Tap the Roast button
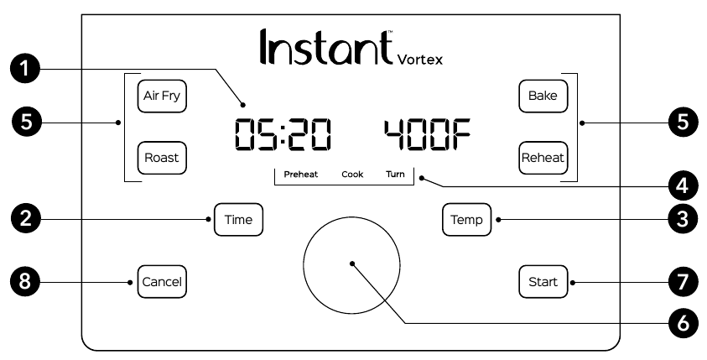coord(162,157)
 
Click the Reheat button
coord(543,157)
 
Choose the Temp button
coord(467,220)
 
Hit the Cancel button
coord(161,281)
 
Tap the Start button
coord(543,281)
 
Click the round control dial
coord(352,263)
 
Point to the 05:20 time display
coord(282,134)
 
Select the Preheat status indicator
coord(300,175)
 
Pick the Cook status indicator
coord(352,175)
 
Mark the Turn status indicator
coord(394,175)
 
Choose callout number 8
coord(28,281)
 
